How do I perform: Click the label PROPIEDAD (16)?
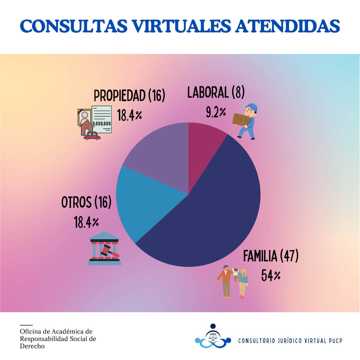coord(129,95)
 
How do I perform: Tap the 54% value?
coord(271,276)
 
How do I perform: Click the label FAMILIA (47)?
coord(271,256)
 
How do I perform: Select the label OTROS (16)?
coord(86,202)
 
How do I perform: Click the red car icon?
coord(92,136)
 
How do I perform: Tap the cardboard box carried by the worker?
coord(241,119)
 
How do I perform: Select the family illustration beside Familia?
coord(233,282)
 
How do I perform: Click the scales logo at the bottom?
coord(213,337)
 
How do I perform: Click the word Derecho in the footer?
coord(32,346)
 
